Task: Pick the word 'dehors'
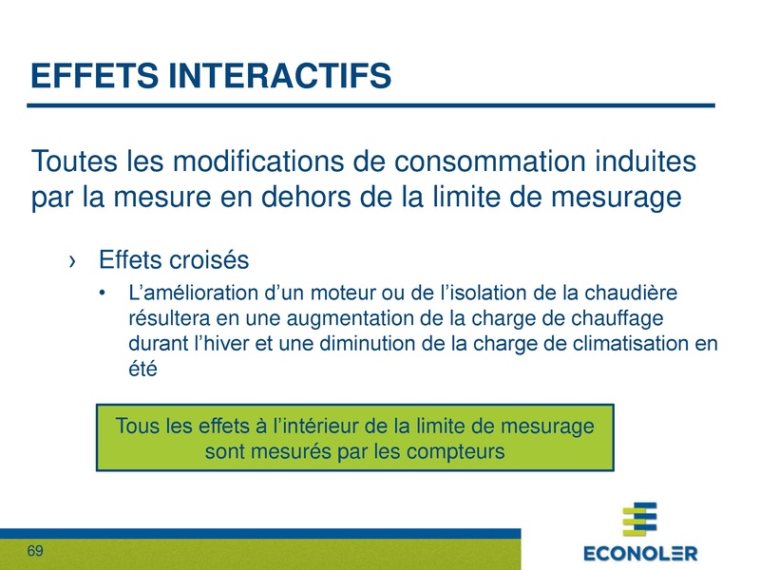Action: point(358,199)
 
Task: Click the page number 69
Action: point(36,552)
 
